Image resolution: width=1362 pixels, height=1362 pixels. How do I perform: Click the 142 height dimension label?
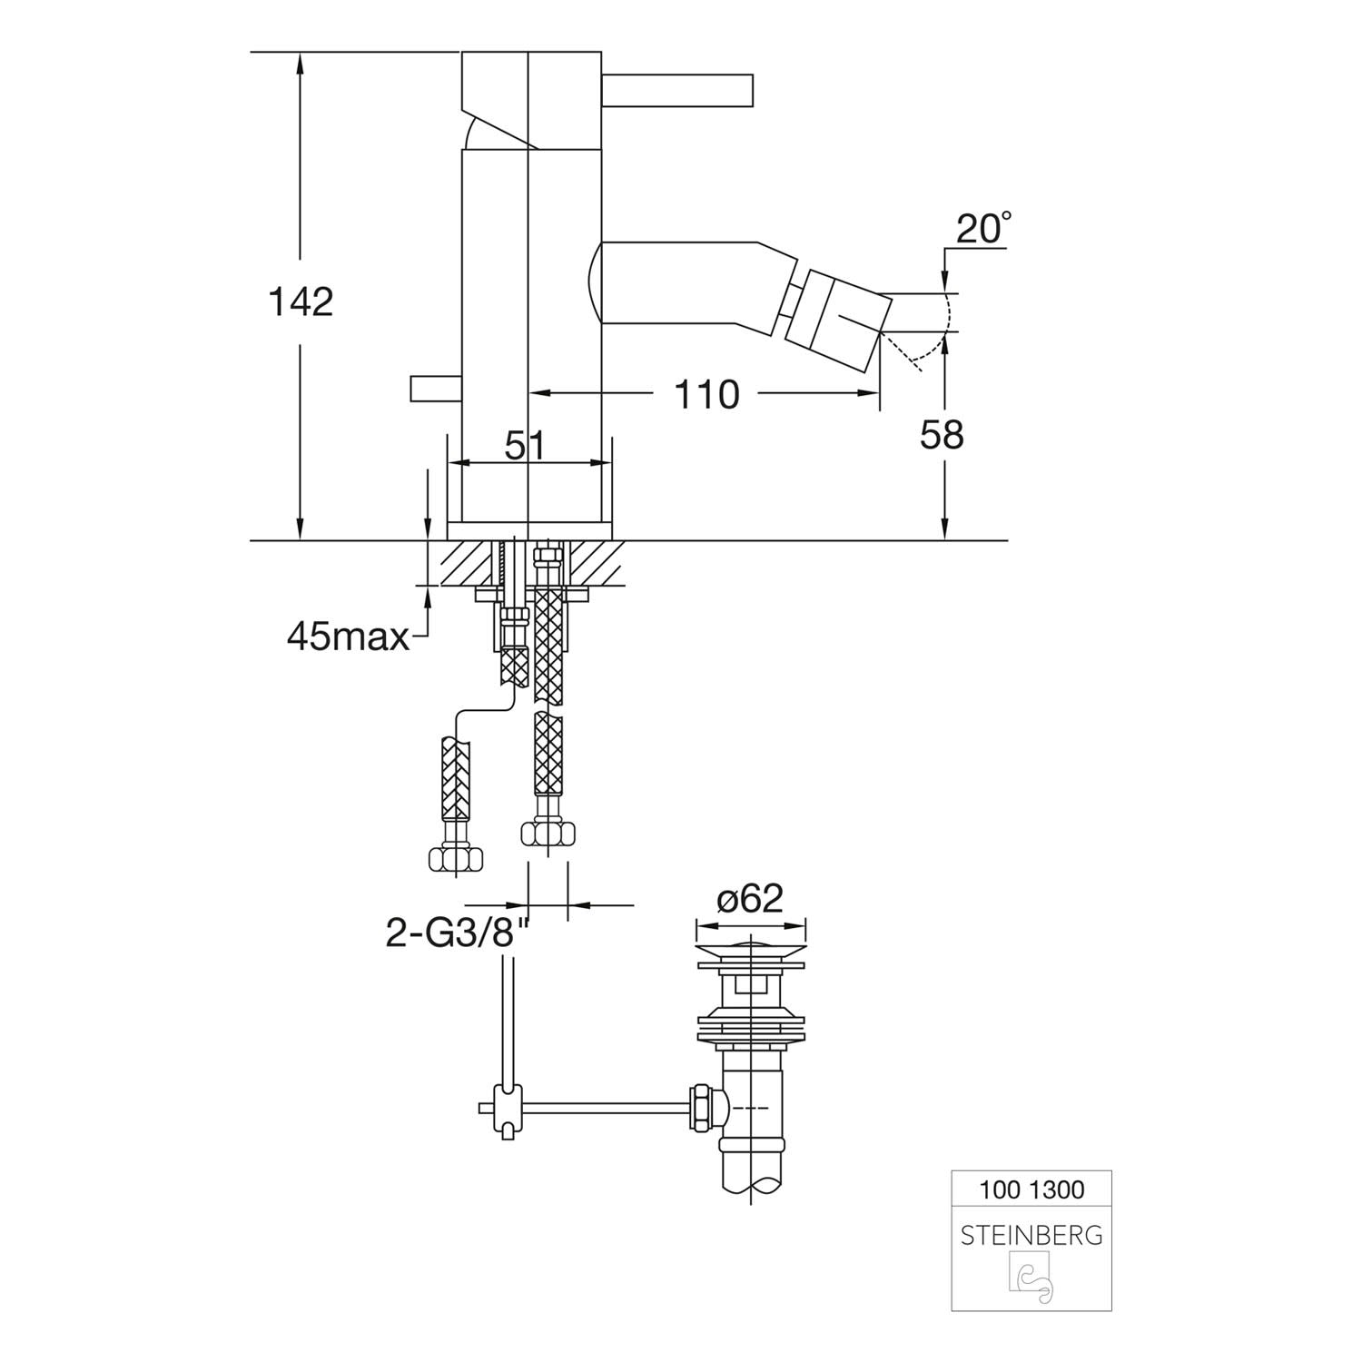[x=301, y=301]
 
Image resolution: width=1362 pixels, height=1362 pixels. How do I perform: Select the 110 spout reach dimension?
[x=706, y=394]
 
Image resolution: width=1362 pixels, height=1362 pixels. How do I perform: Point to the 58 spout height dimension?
[x=942, y=436]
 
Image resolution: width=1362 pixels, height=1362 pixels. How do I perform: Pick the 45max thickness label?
[x=349, y=637]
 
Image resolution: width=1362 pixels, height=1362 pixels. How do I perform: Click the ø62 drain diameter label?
[x=750, y=898]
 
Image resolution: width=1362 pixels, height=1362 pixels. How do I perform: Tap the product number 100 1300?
[x=1032, y=1189]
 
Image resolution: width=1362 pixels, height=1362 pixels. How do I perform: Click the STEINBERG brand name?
[x=1031, y=1236]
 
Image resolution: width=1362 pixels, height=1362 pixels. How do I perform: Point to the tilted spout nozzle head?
[x=834, y=317]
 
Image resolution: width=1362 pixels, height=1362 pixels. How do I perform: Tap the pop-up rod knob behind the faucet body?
[x=436, y=389]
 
